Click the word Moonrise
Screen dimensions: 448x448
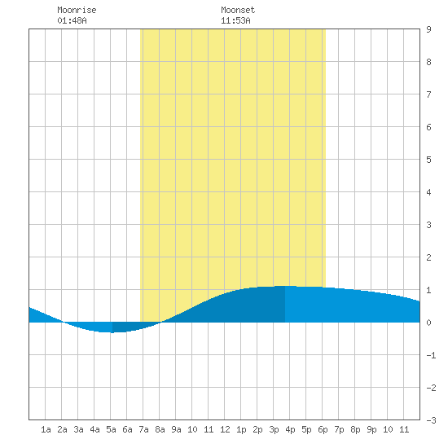pyautogui.click(x=77, y=10)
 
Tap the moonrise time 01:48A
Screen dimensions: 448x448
pyautogui.click(x=72, y=20)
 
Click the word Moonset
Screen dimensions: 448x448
pyautogui.click(x=238, y=10)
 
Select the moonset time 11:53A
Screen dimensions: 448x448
pyautogui.click(x=235, y=20)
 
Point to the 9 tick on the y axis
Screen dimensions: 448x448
pyautogui.click(x=428, y=29)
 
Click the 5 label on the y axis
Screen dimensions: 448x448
pyautogui.click(x=428, y=160)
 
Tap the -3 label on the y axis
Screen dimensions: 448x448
pyautogui.click(x=431, y=420)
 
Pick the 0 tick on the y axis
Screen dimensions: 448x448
pyautogui.click(x=428, y=323)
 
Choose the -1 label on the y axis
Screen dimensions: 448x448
pyautogui.click(x=431, y=355)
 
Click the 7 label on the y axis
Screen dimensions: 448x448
pyautogui.click(x=428, y=94)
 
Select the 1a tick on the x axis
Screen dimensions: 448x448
pyautogui.click(x=46, y=429)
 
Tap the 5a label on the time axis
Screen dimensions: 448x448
pyautogui.click(x=111, y=429)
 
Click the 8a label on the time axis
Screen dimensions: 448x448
pyautogui.click(x=160, y=429)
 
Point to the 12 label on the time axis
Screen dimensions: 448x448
pyautogui.click(x=225, y=429)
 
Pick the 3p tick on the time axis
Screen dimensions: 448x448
pyautogui.click(x=274, y=429)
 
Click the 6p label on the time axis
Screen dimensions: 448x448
pyautogui.click(x=323, y=429)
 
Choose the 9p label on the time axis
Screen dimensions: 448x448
pyautogui.click(x=371, y=429)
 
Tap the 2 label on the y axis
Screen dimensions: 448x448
pyautogui.click(x=428, y=257)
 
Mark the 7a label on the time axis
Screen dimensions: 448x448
pyautogui.click(x=143, y=429)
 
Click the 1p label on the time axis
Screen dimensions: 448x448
pyautogui.click(x=241, y=429)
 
